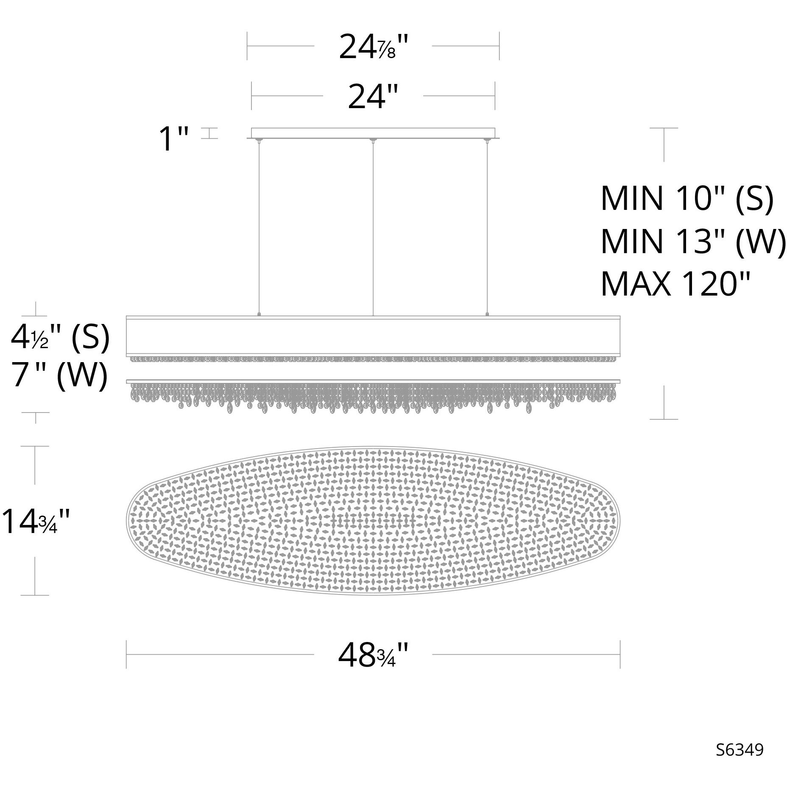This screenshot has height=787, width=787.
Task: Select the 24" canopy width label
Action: pos(373,97)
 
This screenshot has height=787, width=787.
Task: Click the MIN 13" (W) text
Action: pos(693,241)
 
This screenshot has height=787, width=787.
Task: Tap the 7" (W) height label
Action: pos(59,376)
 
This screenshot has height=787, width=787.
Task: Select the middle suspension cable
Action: pos(373,229)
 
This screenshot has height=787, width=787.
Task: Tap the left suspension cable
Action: pos(259,229)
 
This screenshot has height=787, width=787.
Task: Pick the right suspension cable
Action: pos(487,229)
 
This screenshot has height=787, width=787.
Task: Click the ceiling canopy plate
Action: pos(373,133)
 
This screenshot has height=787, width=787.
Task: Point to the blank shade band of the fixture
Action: pos(373,336)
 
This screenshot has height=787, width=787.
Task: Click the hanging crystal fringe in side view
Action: pos(373,396)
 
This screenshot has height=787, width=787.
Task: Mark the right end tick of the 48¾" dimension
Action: pos(620,654)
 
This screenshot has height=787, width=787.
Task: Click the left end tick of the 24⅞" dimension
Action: pos(248,46)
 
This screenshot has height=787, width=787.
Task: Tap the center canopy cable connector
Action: pos(373,140)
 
